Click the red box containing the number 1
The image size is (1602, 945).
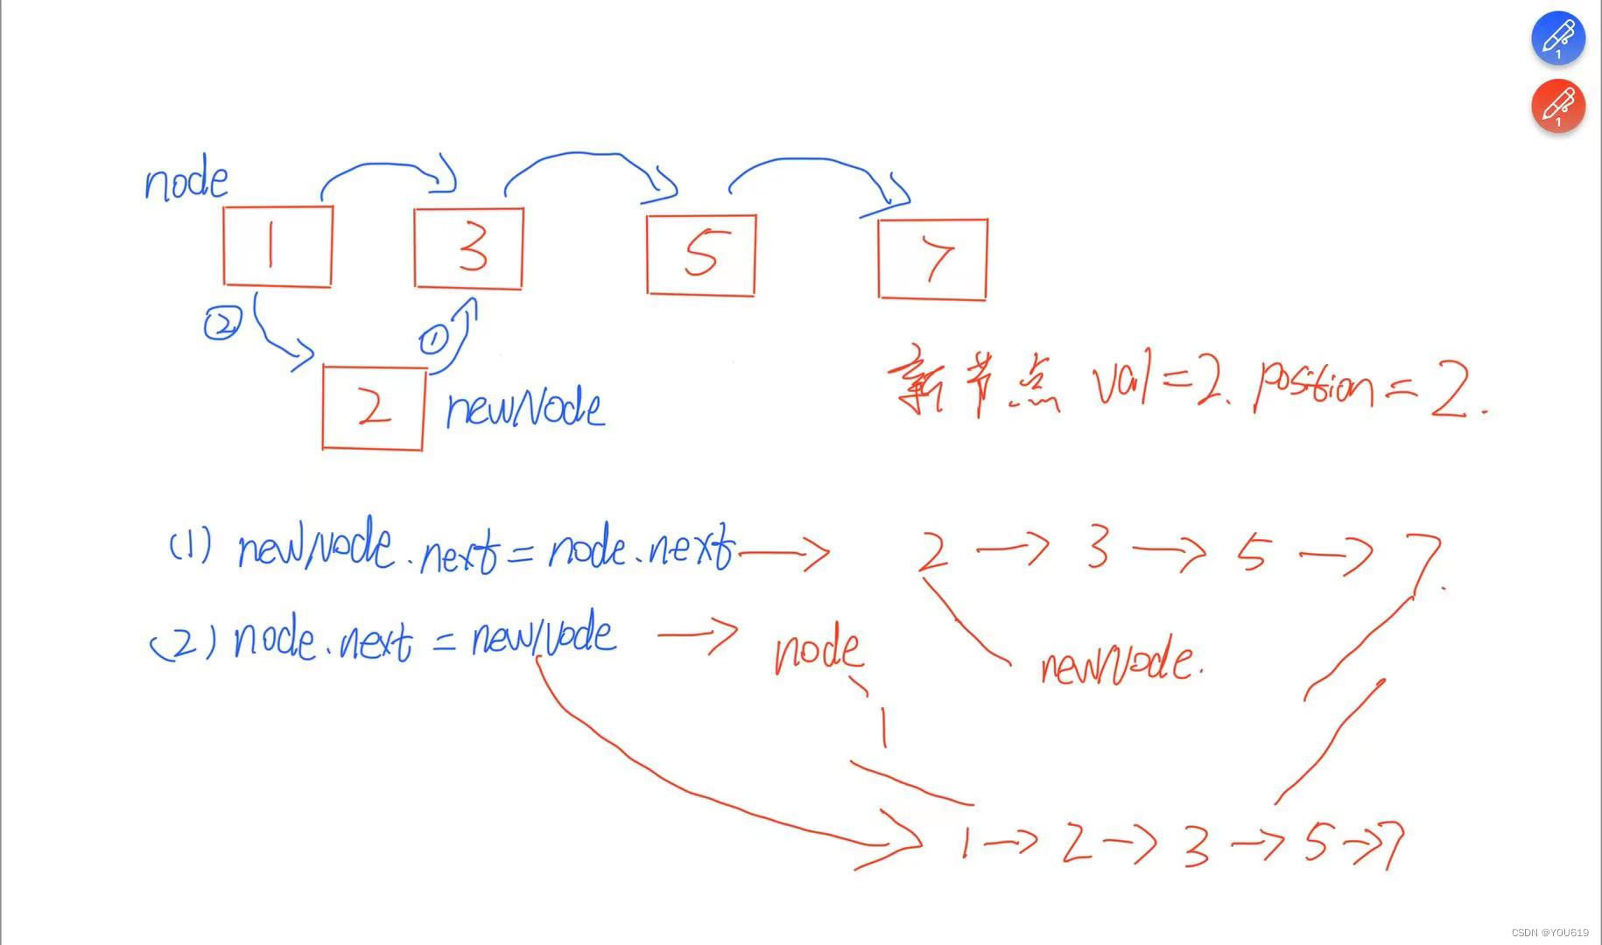pos(278,247)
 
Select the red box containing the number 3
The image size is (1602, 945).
pos(468,248)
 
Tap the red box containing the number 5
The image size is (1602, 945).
pos(700,255)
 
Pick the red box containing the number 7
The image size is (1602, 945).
pos(932,259)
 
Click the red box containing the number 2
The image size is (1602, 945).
pos(373,408)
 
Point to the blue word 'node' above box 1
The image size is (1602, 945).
pos(186,182)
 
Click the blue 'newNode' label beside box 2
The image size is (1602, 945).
pos(524,409)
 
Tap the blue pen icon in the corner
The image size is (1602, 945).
pos(1557,38)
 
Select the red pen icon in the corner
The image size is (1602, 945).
pos(1557,106)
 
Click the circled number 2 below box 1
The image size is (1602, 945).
pos(221,325)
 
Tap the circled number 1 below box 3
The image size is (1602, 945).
pos(433,339)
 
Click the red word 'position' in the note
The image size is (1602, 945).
pos(1313,385)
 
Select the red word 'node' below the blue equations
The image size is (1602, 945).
pos(818,650)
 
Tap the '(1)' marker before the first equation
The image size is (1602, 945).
pos(190,547)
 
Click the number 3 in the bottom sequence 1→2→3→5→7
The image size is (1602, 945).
pos(1196,845)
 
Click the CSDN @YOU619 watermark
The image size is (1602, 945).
pos(1549,933)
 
